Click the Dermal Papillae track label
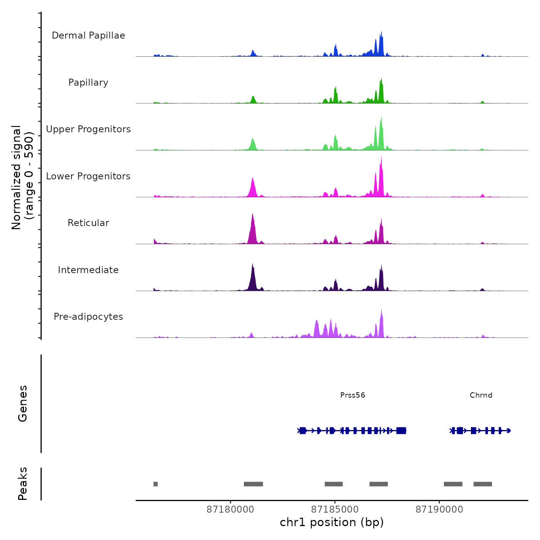(x=88, y=35)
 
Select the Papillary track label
(x=88, y=83)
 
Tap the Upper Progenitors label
(x=88, y=129)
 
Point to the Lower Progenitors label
(x=88, y=176)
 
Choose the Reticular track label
(x=88, y=223)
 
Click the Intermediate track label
(x=88, y=270)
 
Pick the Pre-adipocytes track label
(x=88, y=317)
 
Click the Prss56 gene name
(x=353, y=395)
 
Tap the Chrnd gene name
(x=481, y=395)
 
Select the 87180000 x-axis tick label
(x=230, y=510)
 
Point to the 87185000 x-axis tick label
(x=335, y=510)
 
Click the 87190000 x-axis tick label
(x=439, y=510)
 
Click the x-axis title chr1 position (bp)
(x=332, y=522)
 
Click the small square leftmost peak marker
(x=155, y=484)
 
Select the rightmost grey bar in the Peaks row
(x=483, y=484)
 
